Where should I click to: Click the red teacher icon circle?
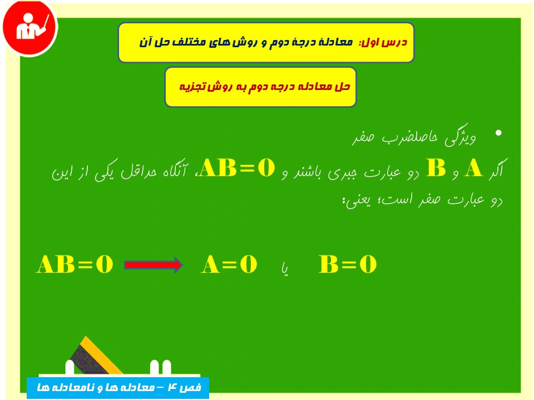pos(30,28)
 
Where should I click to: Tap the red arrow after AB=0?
pos(154,265)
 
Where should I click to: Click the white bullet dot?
pos(498,133)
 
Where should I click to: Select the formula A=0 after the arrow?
pos(229,264)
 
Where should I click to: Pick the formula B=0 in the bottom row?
pos(347,264)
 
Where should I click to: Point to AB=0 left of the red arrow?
pos(74,264)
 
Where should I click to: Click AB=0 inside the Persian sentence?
pos(237,168)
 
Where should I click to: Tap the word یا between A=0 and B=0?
pos(285,269)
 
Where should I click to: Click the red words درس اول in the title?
pos(383,42)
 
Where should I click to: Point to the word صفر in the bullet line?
pos(363,137)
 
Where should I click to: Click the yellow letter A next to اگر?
pos(473,168)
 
